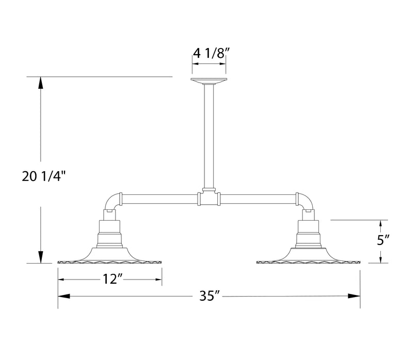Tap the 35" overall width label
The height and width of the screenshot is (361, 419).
click(x=210, y=296)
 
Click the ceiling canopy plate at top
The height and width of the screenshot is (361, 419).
click(x=209, y=81)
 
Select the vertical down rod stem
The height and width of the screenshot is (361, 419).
click(x=209, y=134)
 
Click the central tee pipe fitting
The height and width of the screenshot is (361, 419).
click(x=209, y=198)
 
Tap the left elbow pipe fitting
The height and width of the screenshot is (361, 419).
click(x=113, y=201)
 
